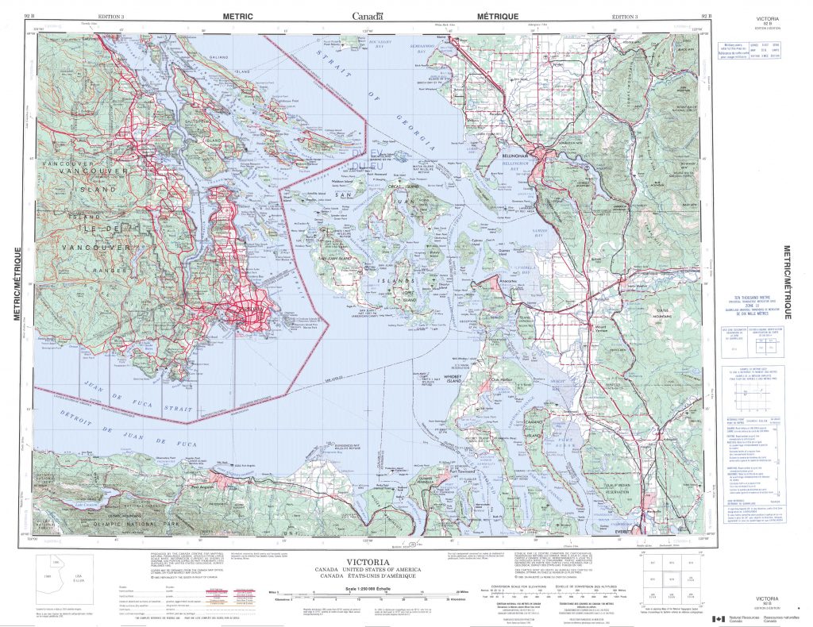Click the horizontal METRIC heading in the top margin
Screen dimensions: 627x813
pyautogui.click(x=238, y=16)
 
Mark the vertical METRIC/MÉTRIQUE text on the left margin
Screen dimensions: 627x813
pyautogui.click(x=17, y=283)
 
